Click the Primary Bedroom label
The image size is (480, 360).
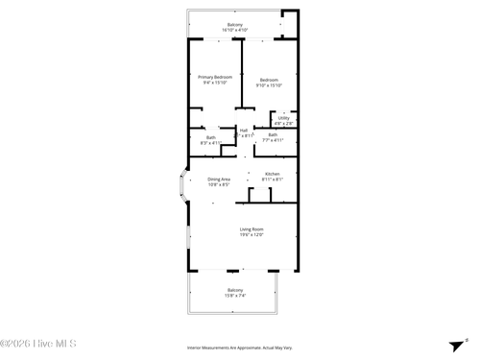pyautogui.click(x=216, y=77)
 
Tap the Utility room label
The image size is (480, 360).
pyautogui.click(x=283, y=118)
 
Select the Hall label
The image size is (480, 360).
pyautogui.click(x=244, y=130)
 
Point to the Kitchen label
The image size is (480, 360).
pyautogui.click(x=273, y=174)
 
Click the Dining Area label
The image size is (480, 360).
pyautogui.click(x=219, y=180)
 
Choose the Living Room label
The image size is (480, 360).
pyautogui.click(x=252, y=228)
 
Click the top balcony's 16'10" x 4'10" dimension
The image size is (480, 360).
pyautogui.click(x=235, y=31)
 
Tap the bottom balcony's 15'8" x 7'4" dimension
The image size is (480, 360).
pyautogui.click(x=235, y=296)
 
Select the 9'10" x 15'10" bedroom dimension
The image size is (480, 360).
pyautogui.click(x=269, y=85)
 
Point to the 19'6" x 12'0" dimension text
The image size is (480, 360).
pyautogui.click(x=252, y=234)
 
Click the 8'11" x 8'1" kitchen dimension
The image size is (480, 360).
pyautogui.click(x=273, y=180)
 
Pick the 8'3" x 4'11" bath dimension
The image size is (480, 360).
pyautogui.click(x=211, y=143)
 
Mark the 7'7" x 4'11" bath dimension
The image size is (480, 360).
pyautogui.click(x=273, y=140)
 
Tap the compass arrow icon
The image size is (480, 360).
pyautogui.click(x=455, y=346)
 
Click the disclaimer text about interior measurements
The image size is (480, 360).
pyautogui.click(x=240, y=348)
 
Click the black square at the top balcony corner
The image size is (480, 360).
pyautogui.click(x=283, y=15)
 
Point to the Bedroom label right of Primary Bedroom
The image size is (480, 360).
pyautogui.click(x=269, y=80)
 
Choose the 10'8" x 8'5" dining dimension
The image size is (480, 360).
pyautogui.click(x=219, y=185)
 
